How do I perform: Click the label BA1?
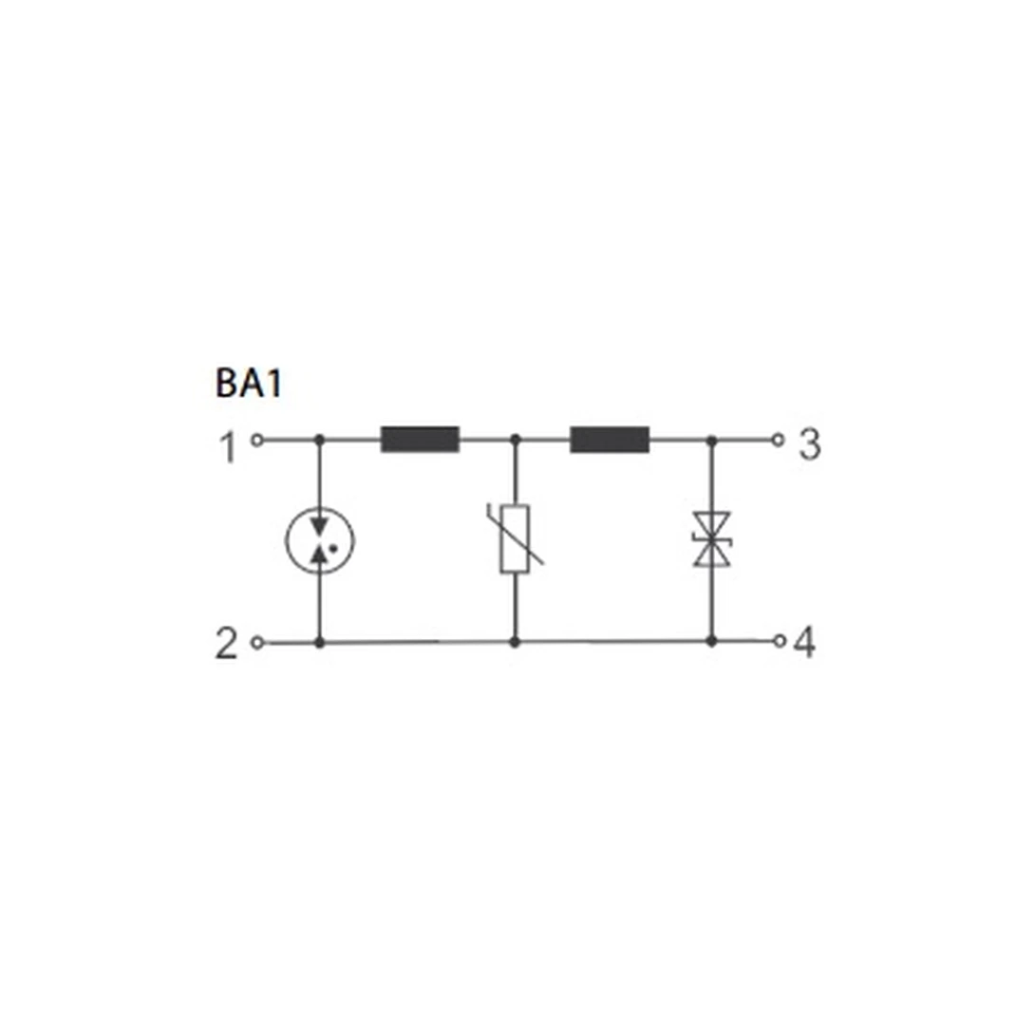tap(249, 383)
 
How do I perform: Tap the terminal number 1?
tap(228, 447)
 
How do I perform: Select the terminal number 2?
tap(226, 644)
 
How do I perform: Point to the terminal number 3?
tap(810, 444)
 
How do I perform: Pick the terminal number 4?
tap(804, 642)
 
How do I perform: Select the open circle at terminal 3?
tap(779, 439)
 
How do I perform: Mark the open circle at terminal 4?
tap(780, 640)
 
